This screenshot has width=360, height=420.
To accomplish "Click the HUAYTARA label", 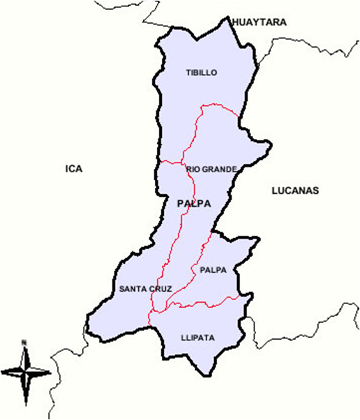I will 259,22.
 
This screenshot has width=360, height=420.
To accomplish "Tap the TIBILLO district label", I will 201,73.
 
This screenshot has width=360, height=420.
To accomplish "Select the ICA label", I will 74,169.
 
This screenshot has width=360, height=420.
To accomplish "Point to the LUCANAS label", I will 295,191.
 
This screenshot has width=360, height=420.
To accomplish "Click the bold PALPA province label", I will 194,204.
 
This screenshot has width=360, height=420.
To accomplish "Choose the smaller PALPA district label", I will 213,270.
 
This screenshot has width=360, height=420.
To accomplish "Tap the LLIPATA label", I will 197,337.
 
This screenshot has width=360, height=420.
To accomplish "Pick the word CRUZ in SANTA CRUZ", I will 161,289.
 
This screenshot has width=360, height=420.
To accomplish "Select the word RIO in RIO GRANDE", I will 192,170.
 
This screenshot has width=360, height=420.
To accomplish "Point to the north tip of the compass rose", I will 24,349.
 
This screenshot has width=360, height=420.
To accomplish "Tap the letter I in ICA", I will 67,169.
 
